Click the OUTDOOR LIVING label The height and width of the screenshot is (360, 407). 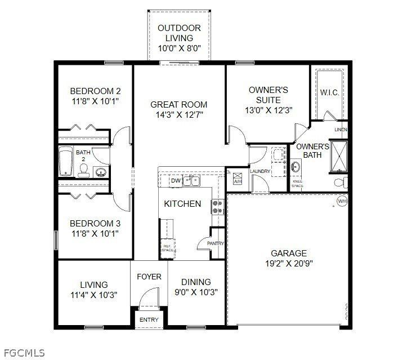coord(178,33)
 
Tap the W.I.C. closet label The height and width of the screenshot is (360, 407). coord(329,92)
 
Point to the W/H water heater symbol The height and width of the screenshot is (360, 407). coord(341,201)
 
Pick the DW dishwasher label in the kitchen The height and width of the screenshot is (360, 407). coord(175,181)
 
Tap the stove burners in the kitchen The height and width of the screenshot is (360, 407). coord(217,207)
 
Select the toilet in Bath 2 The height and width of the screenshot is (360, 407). coord(84,171)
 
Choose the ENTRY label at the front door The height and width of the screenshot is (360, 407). coord(149,320)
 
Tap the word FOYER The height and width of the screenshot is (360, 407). coord(149,277)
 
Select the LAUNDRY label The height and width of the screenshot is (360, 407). coord(260,171)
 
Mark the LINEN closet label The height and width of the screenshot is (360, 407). coord(341,130)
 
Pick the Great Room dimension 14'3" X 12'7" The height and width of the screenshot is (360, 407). coord(178,114)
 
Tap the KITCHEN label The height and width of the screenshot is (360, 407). coord(182,203)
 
